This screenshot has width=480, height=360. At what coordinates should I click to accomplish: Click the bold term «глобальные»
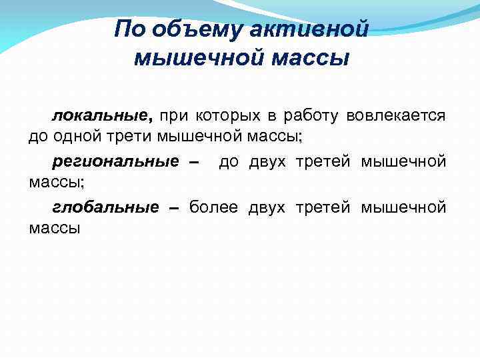point(105,207)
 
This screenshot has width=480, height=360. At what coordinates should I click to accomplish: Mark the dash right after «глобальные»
point(175,207)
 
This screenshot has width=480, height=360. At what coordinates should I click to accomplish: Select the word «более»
point(213,207)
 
